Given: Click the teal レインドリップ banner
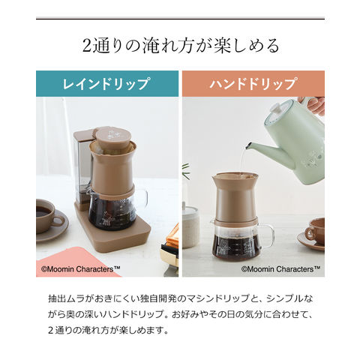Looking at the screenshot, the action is click(107, 83).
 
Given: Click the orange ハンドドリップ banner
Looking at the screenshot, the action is click(253, 83).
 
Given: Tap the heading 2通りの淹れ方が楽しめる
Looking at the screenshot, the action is click(181, 46).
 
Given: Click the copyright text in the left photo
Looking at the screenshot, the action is click(81, 269).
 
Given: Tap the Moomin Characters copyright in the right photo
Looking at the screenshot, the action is click(280, 269).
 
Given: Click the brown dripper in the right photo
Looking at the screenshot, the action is click(234, 198).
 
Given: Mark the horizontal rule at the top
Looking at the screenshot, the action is click(180, 19).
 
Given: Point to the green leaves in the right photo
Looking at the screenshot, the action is click(186, 170).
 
